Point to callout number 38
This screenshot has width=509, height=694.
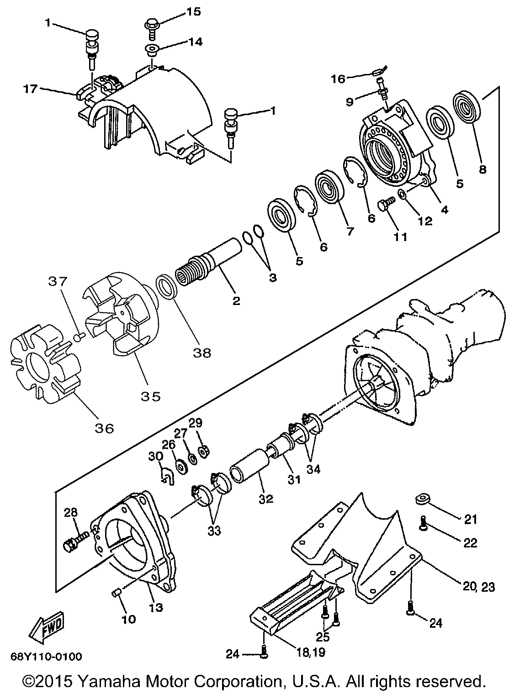click(202, 352)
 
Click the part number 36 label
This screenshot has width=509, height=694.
click(105, 428)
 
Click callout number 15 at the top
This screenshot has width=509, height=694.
click(193, 12)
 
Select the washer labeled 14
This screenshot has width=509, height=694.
click(152, 50)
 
